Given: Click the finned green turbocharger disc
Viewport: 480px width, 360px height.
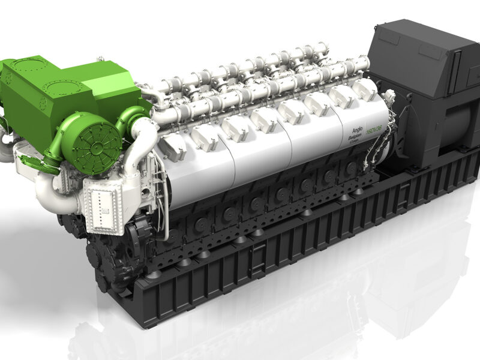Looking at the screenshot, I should [90, 140].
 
